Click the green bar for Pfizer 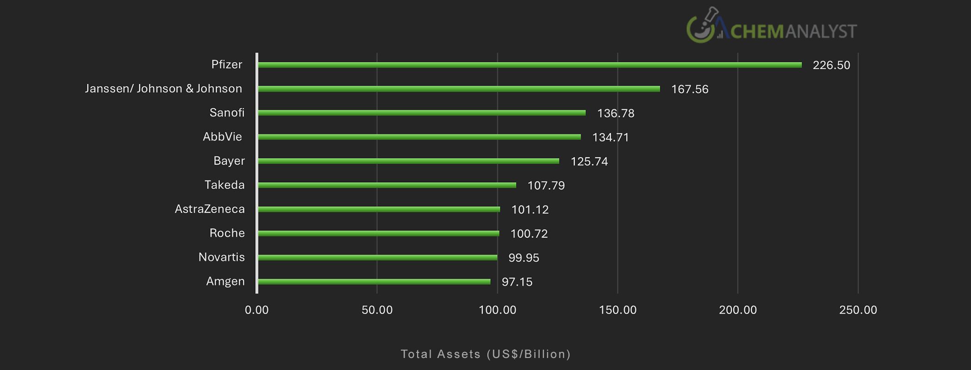coord(529,65)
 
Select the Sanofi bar coord(422,113)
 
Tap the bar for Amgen coord(374,282)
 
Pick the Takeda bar coord(387,185)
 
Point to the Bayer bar coord(408,161)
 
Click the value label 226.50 coord(831,65)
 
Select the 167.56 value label coord(689,89)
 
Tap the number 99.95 coord(523,258)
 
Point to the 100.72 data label coord(529,234)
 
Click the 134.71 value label coord(610,137)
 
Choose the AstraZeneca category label coord(209,209)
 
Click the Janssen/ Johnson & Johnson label coord(163,89)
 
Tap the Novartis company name coord(221,257)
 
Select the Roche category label coord(227,233)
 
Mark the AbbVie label coord(222,137)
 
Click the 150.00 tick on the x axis coord(617,310)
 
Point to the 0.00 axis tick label coord(257,310)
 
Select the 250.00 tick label coord(858,310)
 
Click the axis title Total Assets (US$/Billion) coord(485,354)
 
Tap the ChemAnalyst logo coord(771,27)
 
